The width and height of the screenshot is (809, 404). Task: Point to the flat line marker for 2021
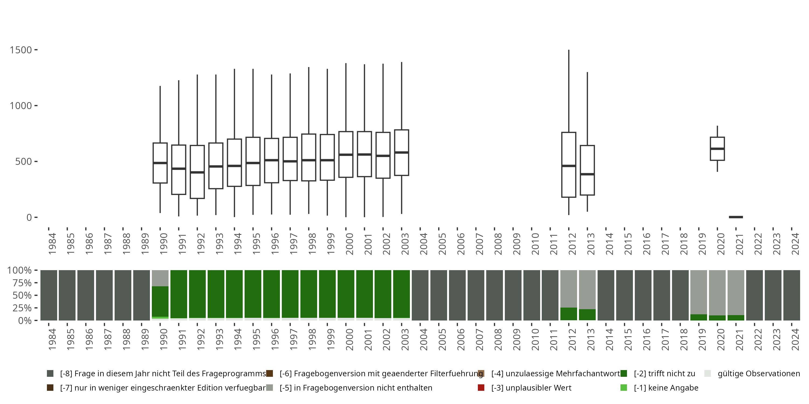pos(736,217)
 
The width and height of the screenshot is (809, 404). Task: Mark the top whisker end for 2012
pos(569,50)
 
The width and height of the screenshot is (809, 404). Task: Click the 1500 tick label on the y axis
pos(21,50)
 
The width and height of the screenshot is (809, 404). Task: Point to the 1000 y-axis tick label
pos(21,106)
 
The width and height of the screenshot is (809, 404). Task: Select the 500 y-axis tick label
pos(23,162)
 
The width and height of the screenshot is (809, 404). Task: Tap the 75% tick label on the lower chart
pos(22,283)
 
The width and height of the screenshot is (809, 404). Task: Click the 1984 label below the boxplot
pos(52,243)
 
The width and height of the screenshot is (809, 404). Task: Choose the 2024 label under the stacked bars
pos(795,339)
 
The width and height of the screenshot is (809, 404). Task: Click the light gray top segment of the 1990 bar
pos(160,278)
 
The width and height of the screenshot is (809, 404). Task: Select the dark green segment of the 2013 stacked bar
pos(587,315)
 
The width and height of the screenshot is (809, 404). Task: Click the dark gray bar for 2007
pos(476,295)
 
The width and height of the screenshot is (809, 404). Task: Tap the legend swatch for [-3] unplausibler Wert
pos(481,388)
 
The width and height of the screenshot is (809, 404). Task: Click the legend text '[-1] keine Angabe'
pos(666,388)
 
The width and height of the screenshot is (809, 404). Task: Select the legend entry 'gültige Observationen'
pos(758,374)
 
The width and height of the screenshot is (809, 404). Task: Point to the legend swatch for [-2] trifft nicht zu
pos(624,374)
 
